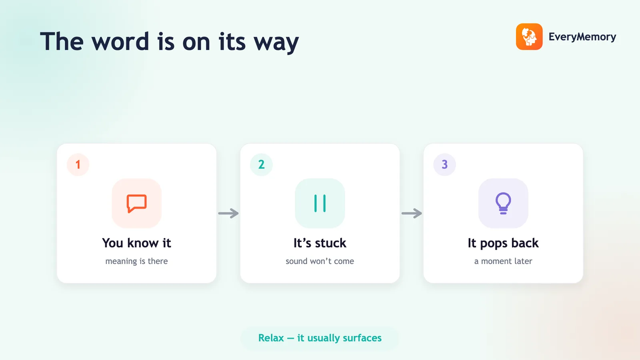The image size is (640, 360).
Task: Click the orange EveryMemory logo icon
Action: click(529, 36)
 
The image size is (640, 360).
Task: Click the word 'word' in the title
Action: click(120, 42)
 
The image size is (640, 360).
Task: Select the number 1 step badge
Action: click(78, 164)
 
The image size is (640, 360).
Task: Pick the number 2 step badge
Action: click(262, 164)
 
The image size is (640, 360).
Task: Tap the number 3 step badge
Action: click(444, 164)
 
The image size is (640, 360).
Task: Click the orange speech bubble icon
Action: click(136, 204)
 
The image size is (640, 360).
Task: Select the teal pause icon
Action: click(320, 204)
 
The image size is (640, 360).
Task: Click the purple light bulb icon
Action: click(503, 204)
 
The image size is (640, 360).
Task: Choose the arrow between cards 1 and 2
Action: click(228, 213)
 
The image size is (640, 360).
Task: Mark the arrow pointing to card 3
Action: click(412, 213)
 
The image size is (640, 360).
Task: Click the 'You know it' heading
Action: click(136, 243)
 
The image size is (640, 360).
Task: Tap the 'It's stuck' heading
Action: click(320, 243)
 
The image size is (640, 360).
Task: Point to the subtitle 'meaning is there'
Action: click(136, 262)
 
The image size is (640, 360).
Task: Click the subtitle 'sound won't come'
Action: click(320, 261)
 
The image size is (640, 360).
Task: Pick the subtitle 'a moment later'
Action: click(503, 261)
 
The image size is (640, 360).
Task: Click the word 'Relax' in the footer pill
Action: click(271, 338)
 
